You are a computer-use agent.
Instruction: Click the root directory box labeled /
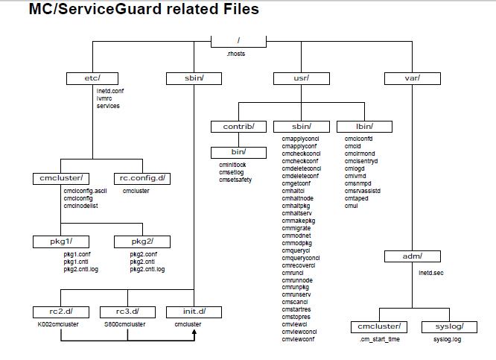coord(238,42)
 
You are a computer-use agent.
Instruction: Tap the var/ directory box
coord(412,78)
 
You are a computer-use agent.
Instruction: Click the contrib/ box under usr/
coord(238,126)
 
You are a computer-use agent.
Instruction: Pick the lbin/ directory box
coord(364,126)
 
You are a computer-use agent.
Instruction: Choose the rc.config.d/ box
coord(144,178)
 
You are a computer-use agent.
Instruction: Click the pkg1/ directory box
coord(61,241)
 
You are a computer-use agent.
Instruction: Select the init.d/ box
coord(194,311)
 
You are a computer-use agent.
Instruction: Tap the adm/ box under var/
coord(412,256)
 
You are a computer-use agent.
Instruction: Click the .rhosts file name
coord(236,54)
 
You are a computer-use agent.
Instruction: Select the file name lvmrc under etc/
coord(105,98)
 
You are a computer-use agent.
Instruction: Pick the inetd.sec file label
coord(432,273)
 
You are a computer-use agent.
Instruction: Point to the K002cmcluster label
coord(58,324)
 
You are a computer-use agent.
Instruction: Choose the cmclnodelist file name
coord(83,206)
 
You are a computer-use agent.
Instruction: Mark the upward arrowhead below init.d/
coord(194,334)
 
